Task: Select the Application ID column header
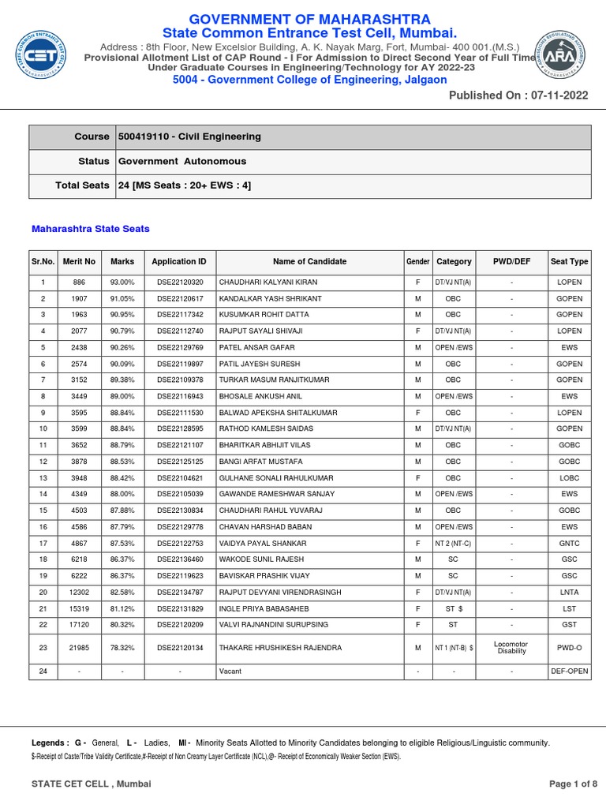coord(179,262)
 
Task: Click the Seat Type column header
coord(569,262)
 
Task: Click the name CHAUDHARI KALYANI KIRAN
coord(268,282)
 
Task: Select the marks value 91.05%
coord(122,299)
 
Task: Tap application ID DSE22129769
coord(180,348)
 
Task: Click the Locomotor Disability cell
coord(512,648)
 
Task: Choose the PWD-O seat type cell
coord(569,648)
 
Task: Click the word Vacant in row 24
coord(230,671)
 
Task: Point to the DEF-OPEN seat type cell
coord(569,671)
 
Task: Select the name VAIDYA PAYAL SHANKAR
coord(264,544)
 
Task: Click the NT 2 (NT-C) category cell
coord(454,544)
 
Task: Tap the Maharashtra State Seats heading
coord(90,229)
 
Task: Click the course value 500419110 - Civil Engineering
coord(189,137)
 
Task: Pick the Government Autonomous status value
coord(182,161)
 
